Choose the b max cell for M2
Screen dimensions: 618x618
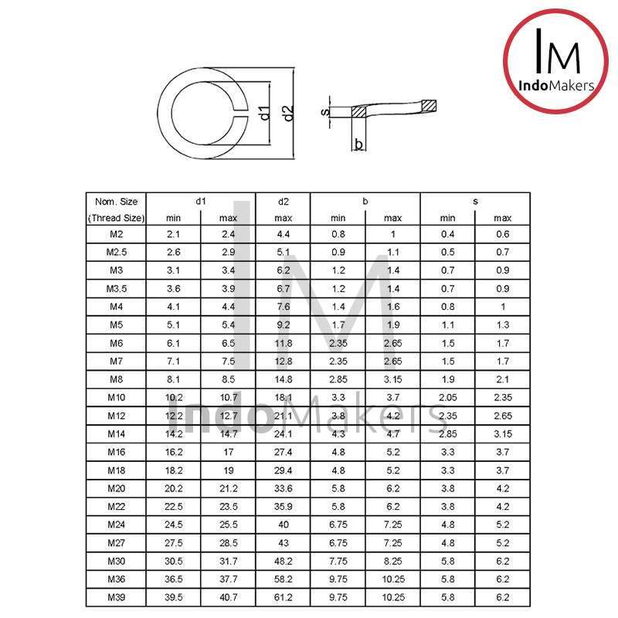pos(392,233)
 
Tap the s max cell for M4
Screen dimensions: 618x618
pos(502,307)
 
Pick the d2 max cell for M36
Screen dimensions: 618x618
pos(283,579)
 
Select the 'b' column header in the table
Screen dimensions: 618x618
pos(365,202)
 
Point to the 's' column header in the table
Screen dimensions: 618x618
pos(475,202)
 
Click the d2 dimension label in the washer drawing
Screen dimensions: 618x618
pos(288,114)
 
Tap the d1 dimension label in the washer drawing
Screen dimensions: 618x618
pos(264,114)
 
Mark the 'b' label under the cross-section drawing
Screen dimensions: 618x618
pos(358,144)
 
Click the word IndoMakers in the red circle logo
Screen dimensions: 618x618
pos(556,86)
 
